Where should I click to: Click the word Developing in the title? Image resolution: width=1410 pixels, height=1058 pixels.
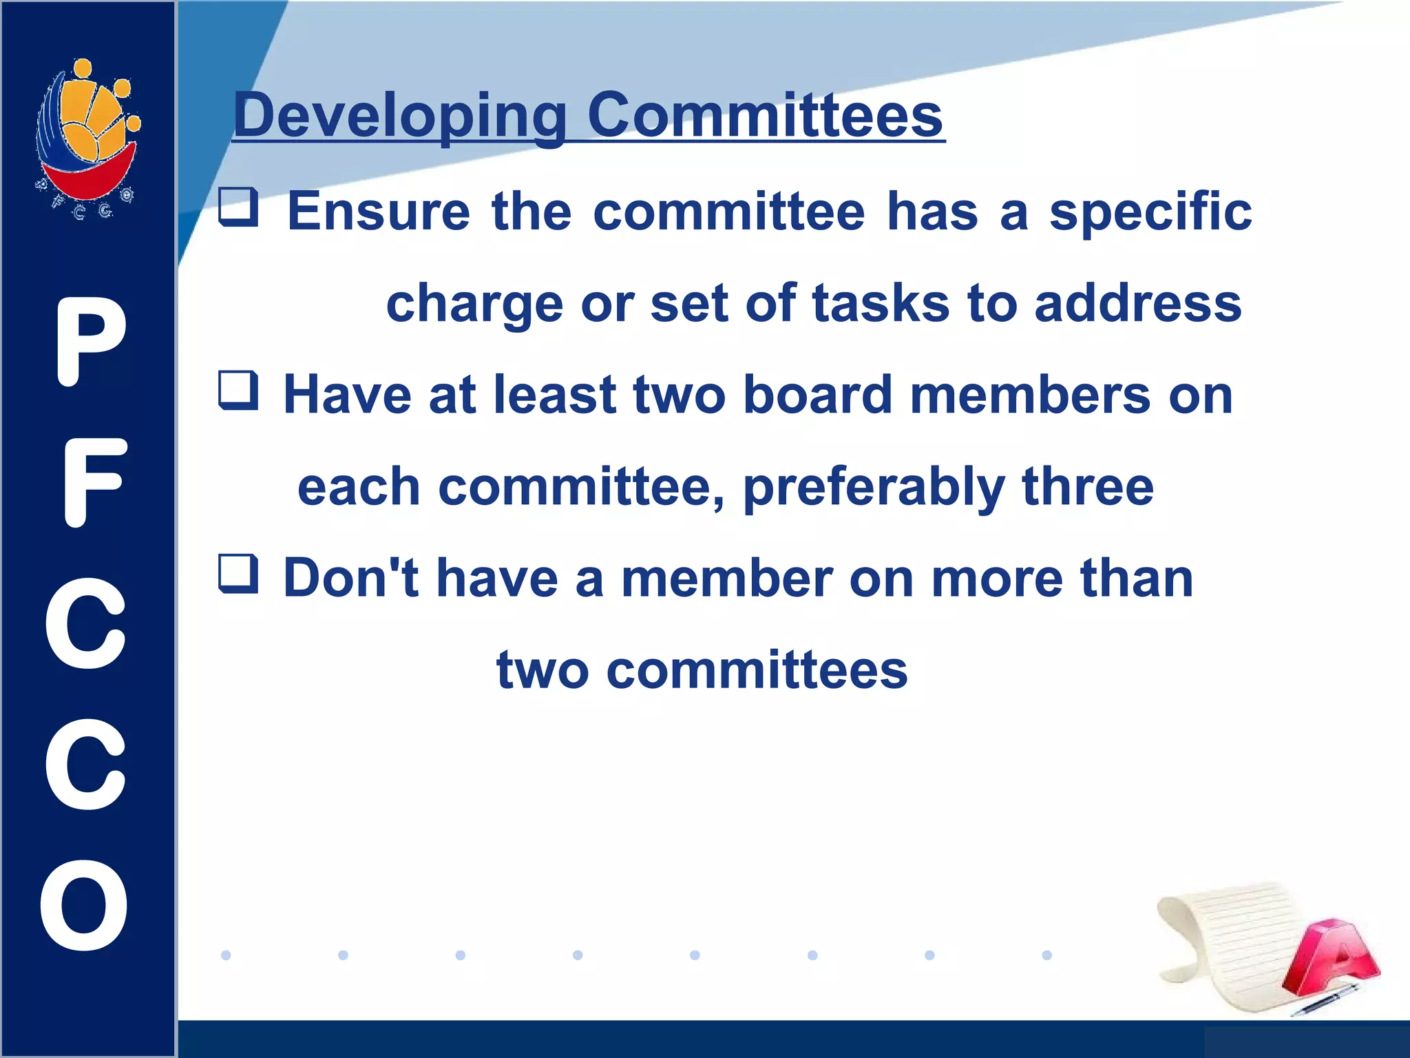399,116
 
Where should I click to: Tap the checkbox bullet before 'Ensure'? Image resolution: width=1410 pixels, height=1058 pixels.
238,207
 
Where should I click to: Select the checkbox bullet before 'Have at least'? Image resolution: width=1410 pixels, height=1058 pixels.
238,391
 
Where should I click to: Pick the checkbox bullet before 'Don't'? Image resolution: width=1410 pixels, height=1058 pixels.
238,574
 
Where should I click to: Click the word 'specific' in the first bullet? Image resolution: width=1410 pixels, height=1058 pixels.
1150,212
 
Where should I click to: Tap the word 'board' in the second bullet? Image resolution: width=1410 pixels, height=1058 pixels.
817,395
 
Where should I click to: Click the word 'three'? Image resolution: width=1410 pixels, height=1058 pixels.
1087,486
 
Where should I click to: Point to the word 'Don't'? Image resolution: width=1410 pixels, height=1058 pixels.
351,578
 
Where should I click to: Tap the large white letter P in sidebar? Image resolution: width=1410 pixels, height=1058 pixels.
90,342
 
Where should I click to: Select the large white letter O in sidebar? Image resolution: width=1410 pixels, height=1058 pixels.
85,904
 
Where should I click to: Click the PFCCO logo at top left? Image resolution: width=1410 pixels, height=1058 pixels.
88,138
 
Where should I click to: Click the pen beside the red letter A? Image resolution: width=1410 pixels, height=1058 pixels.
1323,1000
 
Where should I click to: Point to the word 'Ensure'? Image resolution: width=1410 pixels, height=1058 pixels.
378,211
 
